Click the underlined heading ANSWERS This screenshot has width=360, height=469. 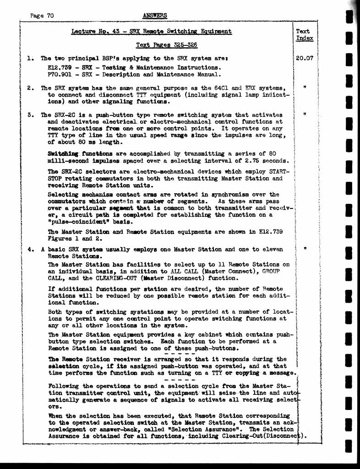155,16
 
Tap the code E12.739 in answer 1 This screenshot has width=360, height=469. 58,67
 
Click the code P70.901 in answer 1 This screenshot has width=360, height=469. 58,74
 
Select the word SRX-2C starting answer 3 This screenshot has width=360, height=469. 62,115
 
